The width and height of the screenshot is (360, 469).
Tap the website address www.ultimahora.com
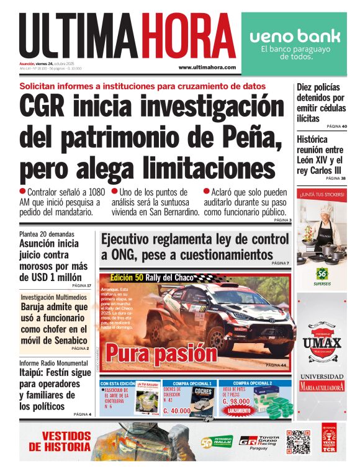tap(207, 67)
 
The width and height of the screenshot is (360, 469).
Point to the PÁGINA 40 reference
tap(336, 127)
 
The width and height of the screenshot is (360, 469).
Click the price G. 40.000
tap(181, 410)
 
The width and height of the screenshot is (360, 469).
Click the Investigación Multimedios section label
tap(54, 297)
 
